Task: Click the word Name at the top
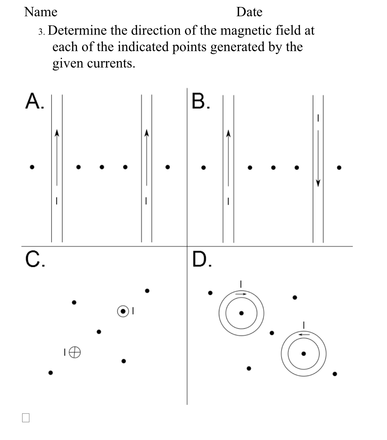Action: (x=41, y=12)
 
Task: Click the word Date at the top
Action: (x=249, y=12)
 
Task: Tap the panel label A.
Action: (x=34, y=101)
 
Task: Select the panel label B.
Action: (x=200, y=101)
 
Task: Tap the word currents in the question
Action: (x=111, y=63)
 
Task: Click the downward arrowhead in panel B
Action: (x=318, y=183)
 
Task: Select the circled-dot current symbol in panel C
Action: (x=123, y=311)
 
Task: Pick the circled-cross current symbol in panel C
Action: (x=76, y=353)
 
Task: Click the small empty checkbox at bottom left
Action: (x=26, y=417)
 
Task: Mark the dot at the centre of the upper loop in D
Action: (x=241, y=313)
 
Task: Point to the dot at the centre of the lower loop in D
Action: (x=304, y=354)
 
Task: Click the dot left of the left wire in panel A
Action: (x=32, y=167)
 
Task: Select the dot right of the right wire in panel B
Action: (x=339, y=168)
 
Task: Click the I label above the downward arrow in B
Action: (x=318, y=118)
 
